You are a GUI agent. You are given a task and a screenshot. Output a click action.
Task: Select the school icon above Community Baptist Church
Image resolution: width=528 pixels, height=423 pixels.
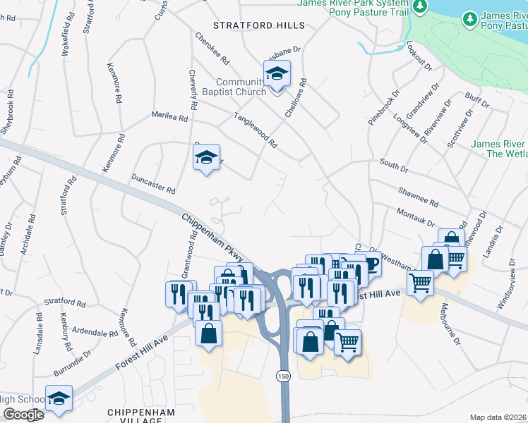[x=277, y=73]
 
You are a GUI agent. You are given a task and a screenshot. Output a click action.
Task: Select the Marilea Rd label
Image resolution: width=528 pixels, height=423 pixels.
[x=169, y=116]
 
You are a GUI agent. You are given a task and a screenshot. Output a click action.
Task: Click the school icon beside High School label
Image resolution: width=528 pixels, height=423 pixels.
[x=59, y=398]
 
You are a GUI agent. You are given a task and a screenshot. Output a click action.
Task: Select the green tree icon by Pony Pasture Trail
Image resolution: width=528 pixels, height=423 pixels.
[x=421, y=6]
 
